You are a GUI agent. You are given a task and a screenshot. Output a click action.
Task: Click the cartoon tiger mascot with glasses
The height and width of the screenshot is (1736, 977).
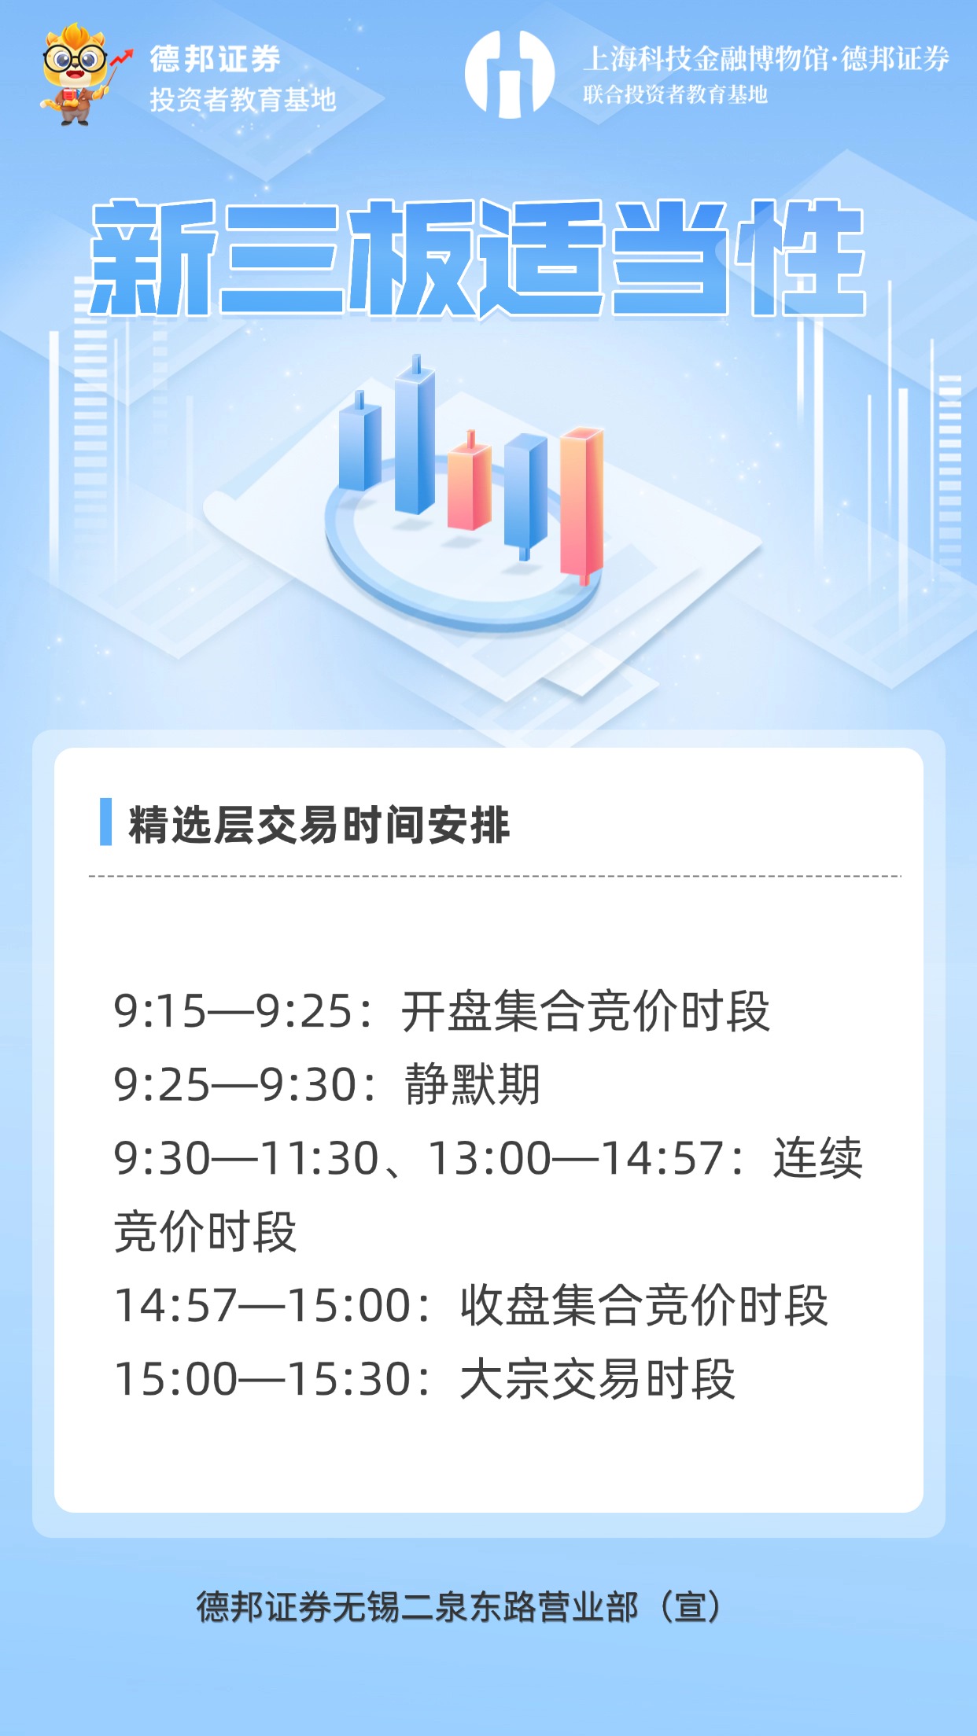click(76, 75)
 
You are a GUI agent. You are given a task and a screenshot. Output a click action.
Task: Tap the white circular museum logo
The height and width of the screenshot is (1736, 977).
click(509, 75)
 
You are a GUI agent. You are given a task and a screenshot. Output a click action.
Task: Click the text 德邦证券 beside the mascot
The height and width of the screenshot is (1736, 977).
click(215, 59)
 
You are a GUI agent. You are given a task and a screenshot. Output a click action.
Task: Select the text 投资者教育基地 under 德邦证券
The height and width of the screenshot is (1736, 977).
click(242, 100)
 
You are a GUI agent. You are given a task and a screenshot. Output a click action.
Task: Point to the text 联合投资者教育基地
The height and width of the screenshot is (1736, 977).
click(675, 95)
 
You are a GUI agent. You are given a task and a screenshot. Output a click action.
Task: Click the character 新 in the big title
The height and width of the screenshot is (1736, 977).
click(153, 258)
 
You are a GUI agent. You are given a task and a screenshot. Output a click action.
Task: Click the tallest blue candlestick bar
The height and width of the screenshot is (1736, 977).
click(415, 440)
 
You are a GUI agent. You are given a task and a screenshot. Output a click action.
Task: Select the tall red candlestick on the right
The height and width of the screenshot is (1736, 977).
click(581, 503)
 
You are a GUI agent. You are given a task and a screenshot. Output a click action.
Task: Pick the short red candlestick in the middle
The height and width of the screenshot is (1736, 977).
click(469, 487)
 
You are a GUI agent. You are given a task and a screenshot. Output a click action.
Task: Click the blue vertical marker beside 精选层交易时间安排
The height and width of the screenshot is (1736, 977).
click(105, 822)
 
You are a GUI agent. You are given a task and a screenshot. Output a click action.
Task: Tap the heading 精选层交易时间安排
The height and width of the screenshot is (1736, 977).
click(319, 825)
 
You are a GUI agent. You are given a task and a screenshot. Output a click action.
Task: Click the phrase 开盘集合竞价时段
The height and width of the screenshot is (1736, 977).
click(585, 1011)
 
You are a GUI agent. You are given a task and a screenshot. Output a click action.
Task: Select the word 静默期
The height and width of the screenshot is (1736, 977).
click(472, 1085)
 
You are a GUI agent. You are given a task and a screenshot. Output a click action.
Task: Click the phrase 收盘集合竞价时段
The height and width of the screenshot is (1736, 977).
click(643, 1306)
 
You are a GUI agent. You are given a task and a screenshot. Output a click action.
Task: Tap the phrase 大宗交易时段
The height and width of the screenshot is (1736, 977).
click(597, 1380)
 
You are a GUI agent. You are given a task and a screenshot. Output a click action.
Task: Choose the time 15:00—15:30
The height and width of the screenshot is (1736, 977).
click(264, 1380)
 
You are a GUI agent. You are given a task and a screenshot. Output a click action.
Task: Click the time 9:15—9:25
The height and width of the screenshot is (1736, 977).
click(233, 1011)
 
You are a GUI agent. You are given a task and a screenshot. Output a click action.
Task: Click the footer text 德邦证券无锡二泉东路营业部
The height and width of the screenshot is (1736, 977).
click(417, 1607)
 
